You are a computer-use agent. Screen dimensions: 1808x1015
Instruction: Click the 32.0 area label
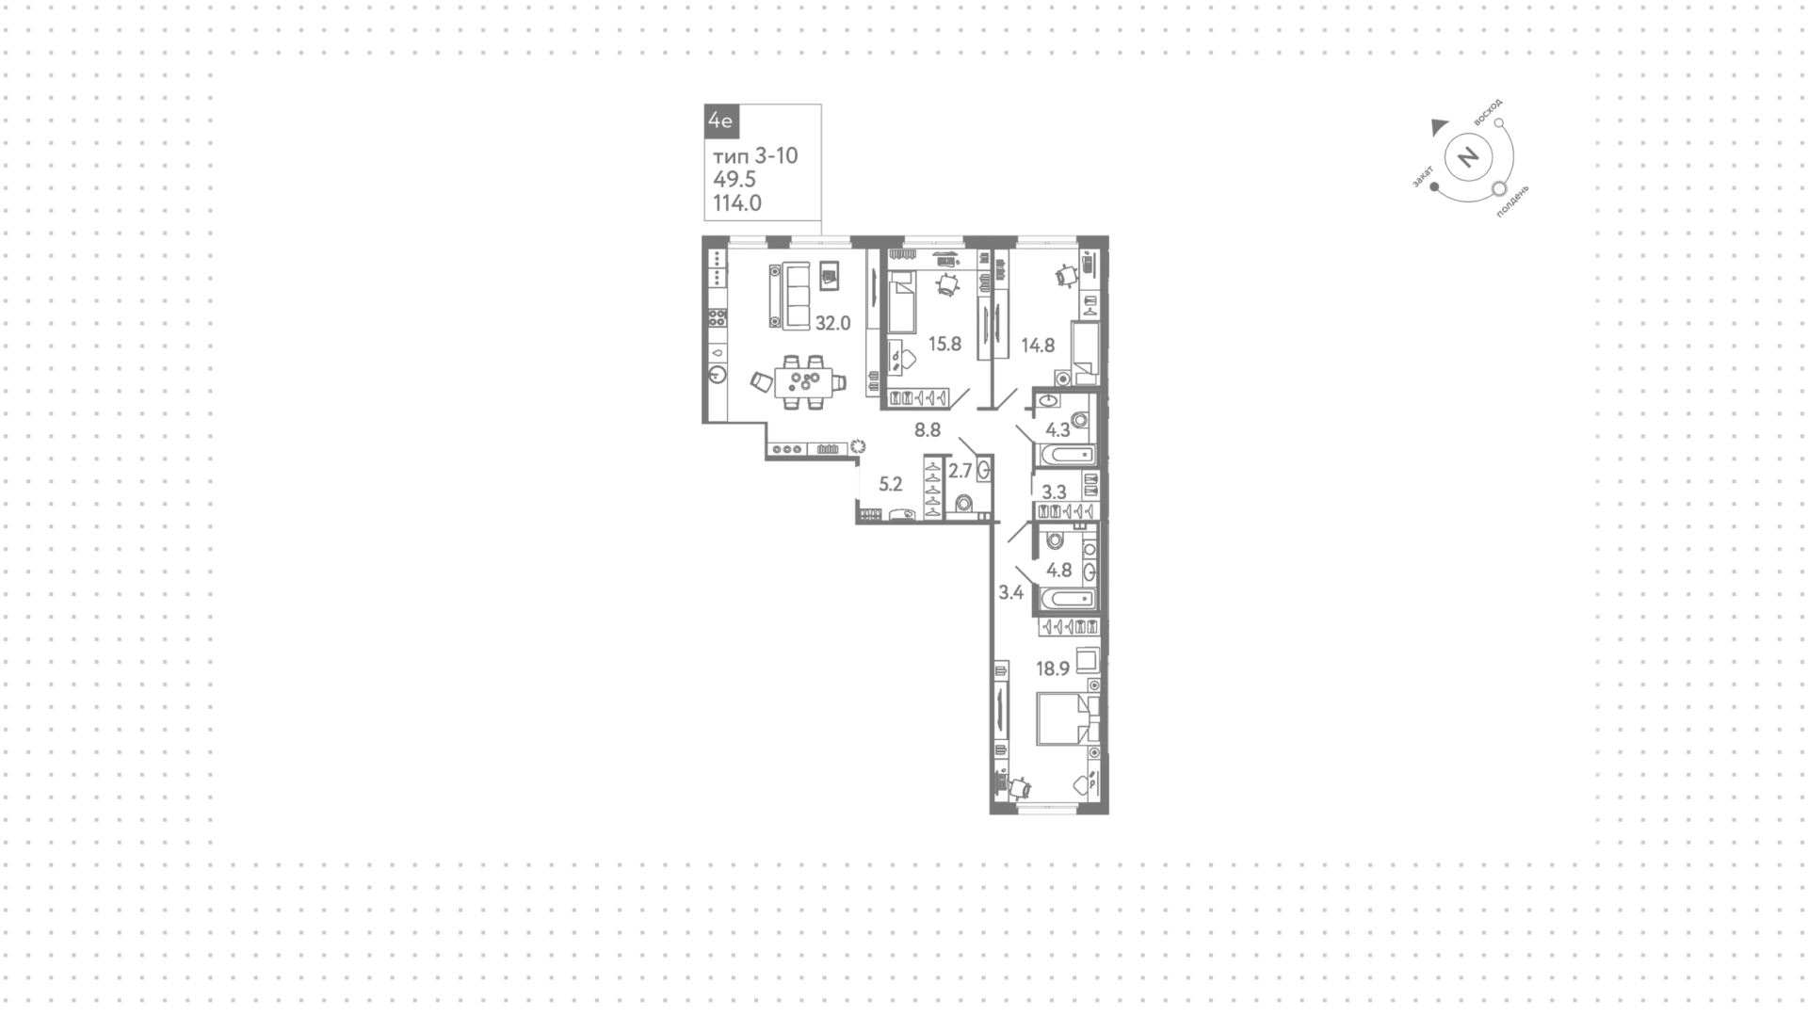tap(832, 323)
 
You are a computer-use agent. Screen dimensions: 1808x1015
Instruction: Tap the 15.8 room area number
tap(944, 344)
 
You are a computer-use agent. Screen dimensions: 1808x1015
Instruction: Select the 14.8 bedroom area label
tap(1038, 346)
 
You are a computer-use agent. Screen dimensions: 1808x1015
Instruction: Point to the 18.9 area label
tap(1053, 669)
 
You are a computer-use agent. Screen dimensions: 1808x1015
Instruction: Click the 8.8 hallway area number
tap(928, 430)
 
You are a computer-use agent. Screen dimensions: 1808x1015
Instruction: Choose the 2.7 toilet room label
tap(960, 471)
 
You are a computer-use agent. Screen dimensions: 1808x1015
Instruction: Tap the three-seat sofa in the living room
tap(789, 296)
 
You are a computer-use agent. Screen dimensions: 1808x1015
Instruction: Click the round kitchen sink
tap(718, 375)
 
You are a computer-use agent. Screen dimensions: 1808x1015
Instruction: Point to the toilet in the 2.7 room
tap(962, 504)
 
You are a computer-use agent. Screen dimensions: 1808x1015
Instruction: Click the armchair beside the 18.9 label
tap(1088, 659)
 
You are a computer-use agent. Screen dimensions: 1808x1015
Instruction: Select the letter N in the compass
tap(1468, 156)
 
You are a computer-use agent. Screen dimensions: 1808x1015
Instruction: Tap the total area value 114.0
tap(737, 202)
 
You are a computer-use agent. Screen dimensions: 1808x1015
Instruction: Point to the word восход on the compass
tap(1488, 112)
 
